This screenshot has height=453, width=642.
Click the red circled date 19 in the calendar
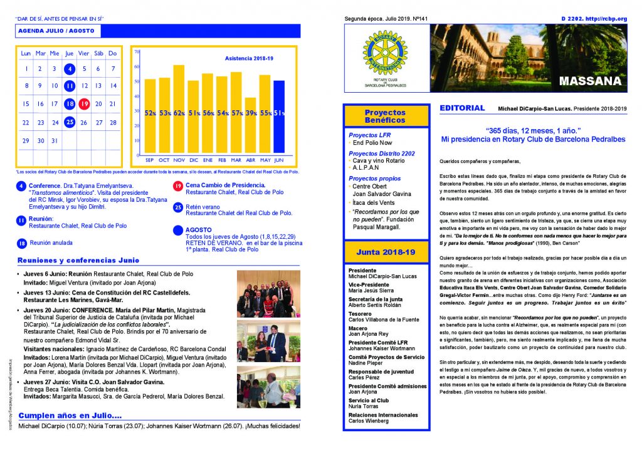point(84,104)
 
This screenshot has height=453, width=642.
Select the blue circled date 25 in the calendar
point(70,122)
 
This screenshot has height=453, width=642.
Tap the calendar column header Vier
point(84,53)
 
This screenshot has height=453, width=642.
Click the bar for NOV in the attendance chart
point(179,110)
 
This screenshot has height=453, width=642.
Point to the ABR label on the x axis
point(250,160)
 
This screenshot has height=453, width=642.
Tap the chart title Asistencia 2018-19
point(248,58)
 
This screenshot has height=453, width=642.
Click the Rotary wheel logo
point(385,53)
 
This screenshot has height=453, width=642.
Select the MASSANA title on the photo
point(589,81)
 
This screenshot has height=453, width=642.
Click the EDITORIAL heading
point(462,108)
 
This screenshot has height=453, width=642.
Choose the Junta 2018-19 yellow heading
point(385,252)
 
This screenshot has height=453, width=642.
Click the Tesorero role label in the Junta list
point(360,313)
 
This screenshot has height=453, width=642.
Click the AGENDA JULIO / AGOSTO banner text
point(56,31)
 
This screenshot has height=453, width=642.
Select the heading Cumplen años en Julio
point(70,415)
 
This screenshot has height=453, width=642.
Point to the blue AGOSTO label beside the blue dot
point(199,230)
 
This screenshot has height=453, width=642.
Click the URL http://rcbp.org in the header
point(606,19)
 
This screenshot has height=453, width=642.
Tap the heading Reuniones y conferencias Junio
point(78,260)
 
